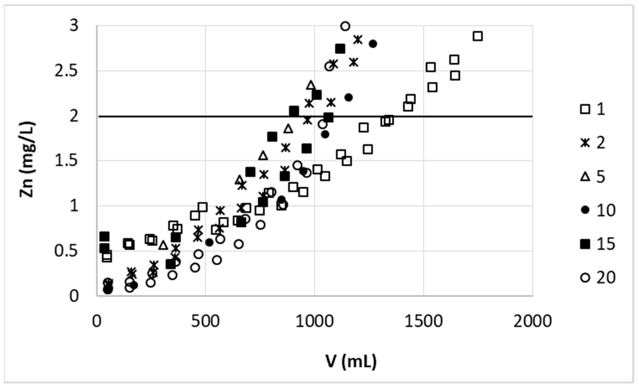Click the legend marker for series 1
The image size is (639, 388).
[x=585, y=109]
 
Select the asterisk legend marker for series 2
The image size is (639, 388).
[x=585, y=143]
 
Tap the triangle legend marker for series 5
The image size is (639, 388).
[x=585, y=177]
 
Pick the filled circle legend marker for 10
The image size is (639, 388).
[x=585, y=210]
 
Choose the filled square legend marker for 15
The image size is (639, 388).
[x=585, y=244]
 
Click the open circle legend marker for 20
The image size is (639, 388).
[x=585, y=278]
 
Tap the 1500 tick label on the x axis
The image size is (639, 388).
[x=423, y=322]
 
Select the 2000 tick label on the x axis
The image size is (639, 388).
[x=532, y=322]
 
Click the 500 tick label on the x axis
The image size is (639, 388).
[x=205, y=322]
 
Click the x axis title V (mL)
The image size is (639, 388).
[x=351, y=361]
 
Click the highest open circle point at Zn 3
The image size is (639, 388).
[x=345, y=26]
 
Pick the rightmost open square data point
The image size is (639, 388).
[x=478, y=36]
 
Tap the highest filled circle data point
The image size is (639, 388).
[x=373, y=44]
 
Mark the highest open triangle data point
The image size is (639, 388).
[x=311, y=85]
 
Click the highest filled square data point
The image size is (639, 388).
[x=340, y=49]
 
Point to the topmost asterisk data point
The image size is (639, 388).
[x=358, y=39]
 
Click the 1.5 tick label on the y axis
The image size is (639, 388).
[x=66, y=161]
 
